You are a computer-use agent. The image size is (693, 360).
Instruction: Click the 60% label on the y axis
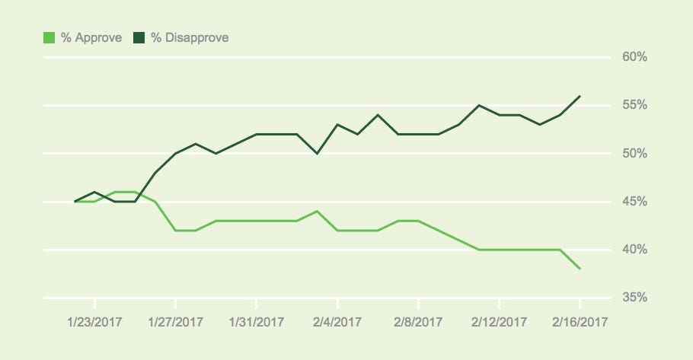(634, 57)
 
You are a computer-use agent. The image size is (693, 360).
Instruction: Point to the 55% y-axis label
(634, 105)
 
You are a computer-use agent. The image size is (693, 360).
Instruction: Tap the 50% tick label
(634, 154)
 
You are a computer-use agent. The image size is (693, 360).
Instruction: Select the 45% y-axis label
(634, 202)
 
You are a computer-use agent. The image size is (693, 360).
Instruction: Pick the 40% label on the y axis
(634, 250)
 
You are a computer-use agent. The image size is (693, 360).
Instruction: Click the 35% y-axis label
(634, 298)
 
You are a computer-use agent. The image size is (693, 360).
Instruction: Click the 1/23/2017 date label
(95, 321)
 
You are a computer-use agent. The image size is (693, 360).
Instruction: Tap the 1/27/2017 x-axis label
(176, 321)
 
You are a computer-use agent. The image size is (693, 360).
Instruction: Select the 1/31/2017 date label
(257, 321)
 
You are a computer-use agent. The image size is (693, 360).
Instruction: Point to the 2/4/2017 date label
(337, 321)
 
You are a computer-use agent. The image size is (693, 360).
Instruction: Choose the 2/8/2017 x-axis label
(418, 321)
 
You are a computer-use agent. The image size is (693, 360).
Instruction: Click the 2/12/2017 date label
(499, 321)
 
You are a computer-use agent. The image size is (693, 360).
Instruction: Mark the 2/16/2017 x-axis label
(580, 321)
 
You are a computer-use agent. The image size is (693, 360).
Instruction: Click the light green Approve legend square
(49, 37)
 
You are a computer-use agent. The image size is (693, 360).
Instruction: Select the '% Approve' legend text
(91, 37)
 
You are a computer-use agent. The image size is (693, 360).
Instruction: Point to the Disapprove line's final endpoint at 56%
(580, 96)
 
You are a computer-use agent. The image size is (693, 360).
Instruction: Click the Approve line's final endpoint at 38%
(580, 269)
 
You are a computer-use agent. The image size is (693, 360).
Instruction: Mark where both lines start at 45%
(75, 202)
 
